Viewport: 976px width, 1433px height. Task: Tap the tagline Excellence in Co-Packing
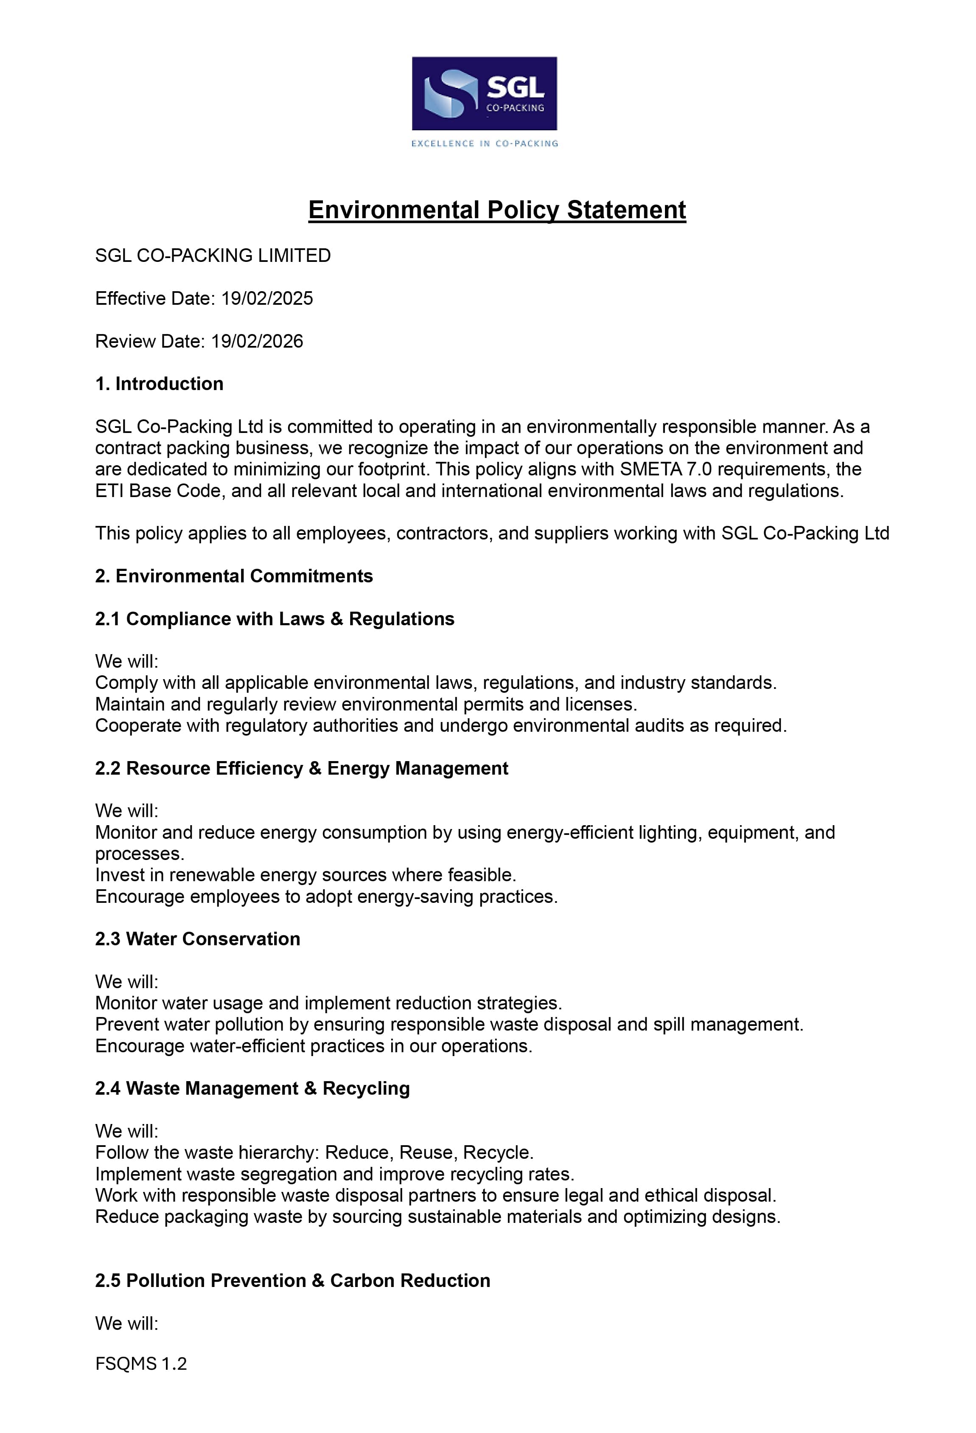coord(484,143)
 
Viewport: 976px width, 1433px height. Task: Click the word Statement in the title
coord(626,210)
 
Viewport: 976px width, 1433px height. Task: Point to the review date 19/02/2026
coord(257,342)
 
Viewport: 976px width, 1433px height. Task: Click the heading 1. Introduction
coord(159,384)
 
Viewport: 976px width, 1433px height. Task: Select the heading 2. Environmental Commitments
coord(234,576)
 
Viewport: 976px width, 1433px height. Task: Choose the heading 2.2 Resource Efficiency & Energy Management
coord(301,768)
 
